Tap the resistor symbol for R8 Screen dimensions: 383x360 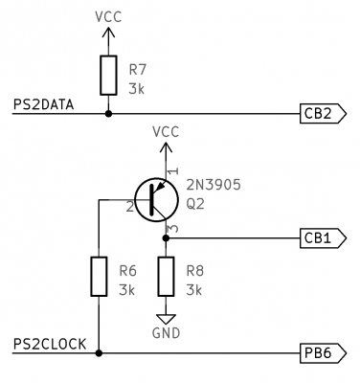tap(166, 278)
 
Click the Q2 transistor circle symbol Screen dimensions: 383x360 tap(157, 200)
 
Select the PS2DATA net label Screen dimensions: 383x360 tap(43, 103)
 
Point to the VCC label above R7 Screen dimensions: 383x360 tap(108, 17)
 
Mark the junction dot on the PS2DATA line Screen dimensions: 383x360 tap(108, 113)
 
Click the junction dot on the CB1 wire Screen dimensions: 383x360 tap(166, 238)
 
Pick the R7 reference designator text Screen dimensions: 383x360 tap(137, 69)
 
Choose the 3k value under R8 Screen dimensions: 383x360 tap(194, 288)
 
